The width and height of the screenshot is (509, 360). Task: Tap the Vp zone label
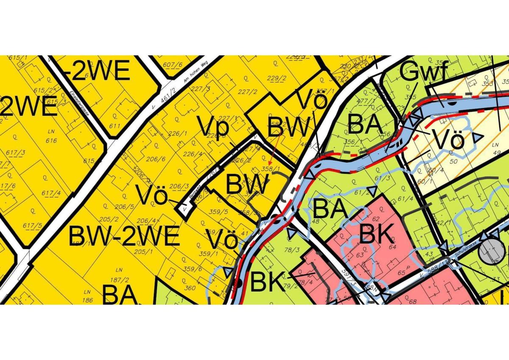[x=213, y=128]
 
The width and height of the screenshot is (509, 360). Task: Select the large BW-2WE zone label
[x=124, y=236]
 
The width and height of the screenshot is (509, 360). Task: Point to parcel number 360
[x=190, y=288]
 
